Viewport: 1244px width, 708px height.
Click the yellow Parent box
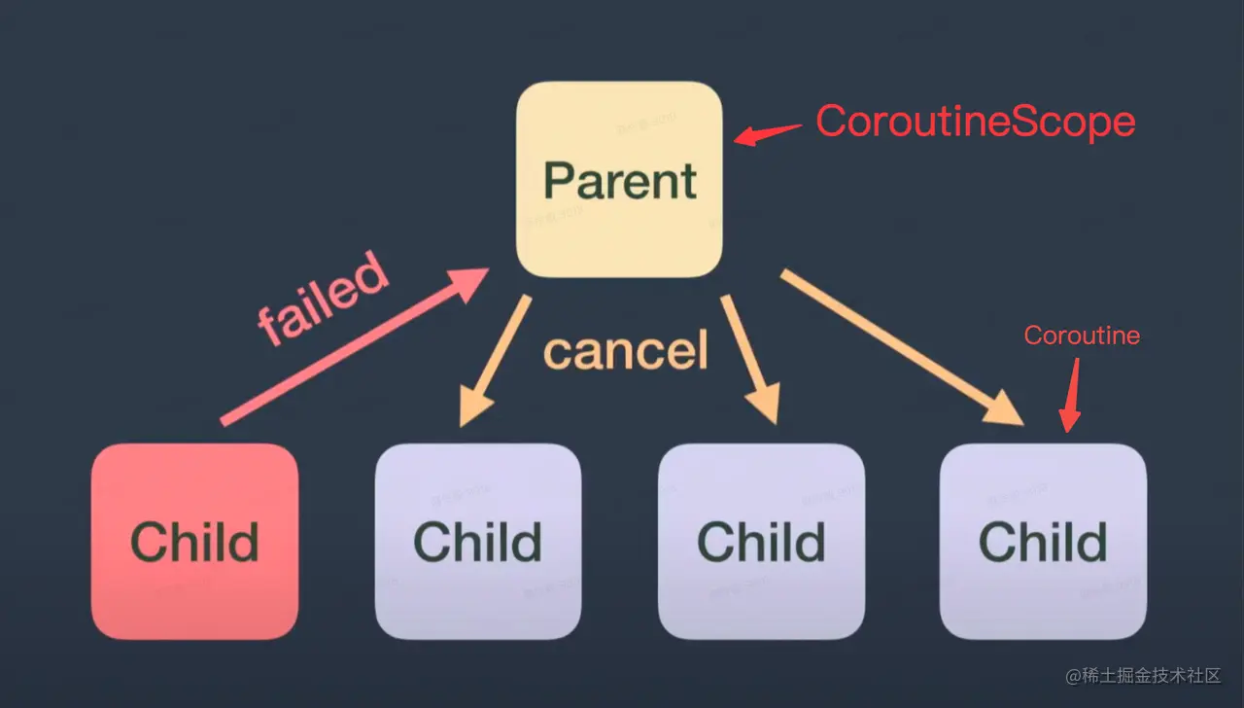point(619,233)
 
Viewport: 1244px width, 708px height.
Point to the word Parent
point(620,181)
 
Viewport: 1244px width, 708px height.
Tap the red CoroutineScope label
point(975,122)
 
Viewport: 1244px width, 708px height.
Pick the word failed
point(324,300)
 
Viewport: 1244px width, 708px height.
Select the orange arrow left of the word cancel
point(496,359)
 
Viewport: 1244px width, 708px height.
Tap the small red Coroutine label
point(1082,336)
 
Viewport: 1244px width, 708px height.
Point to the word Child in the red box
point(194,543)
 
